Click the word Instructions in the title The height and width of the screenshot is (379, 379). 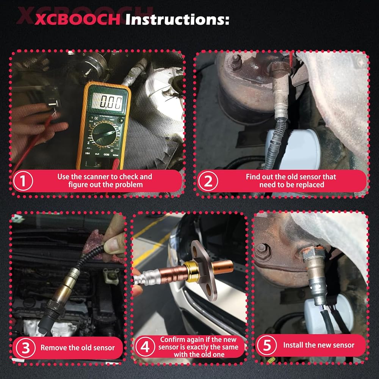coord(177,19)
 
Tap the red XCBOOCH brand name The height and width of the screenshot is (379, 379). coord(78,20)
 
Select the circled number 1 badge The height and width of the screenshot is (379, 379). coord(23,180)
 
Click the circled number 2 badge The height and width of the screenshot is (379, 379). coord(208,181)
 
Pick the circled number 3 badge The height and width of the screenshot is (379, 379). coord(26,348)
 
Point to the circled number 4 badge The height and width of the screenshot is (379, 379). coord(145,347)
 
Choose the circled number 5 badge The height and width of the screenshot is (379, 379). coord(267,345)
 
